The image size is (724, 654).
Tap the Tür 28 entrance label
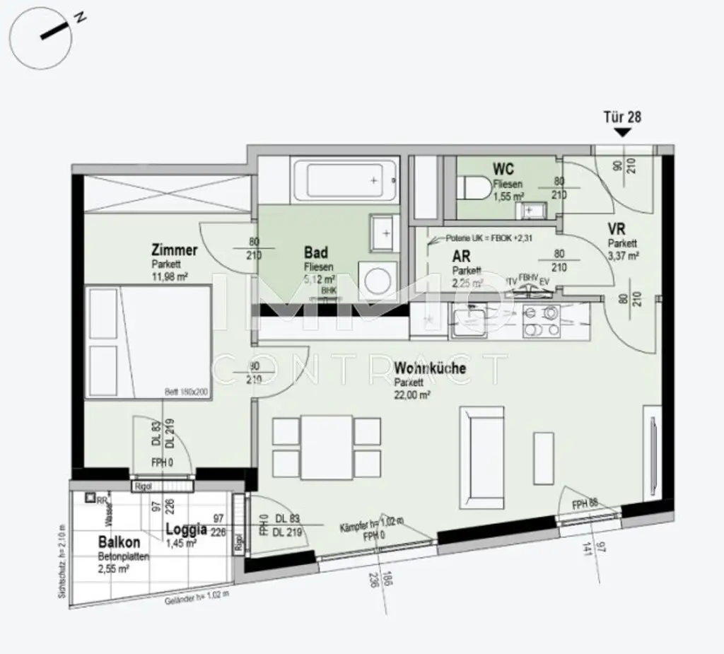tap(622, 117)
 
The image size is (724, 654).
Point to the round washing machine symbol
tap(376, 277)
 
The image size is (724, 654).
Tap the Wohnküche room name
tap(430, 368)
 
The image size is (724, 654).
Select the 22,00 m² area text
tap(413, 396)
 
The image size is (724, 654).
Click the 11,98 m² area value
tap(169, 276)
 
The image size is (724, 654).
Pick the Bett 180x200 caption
tap(187, 390)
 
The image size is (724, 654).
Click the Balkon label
tap(119, 543)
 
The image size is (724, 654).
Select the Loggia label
tap(186, 528)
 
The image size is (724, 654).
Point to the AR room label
tap(461, 257)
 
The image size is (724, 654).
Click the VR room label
tap(617, 228)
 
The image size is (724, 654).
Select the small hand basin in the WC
tap(531, 210)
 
